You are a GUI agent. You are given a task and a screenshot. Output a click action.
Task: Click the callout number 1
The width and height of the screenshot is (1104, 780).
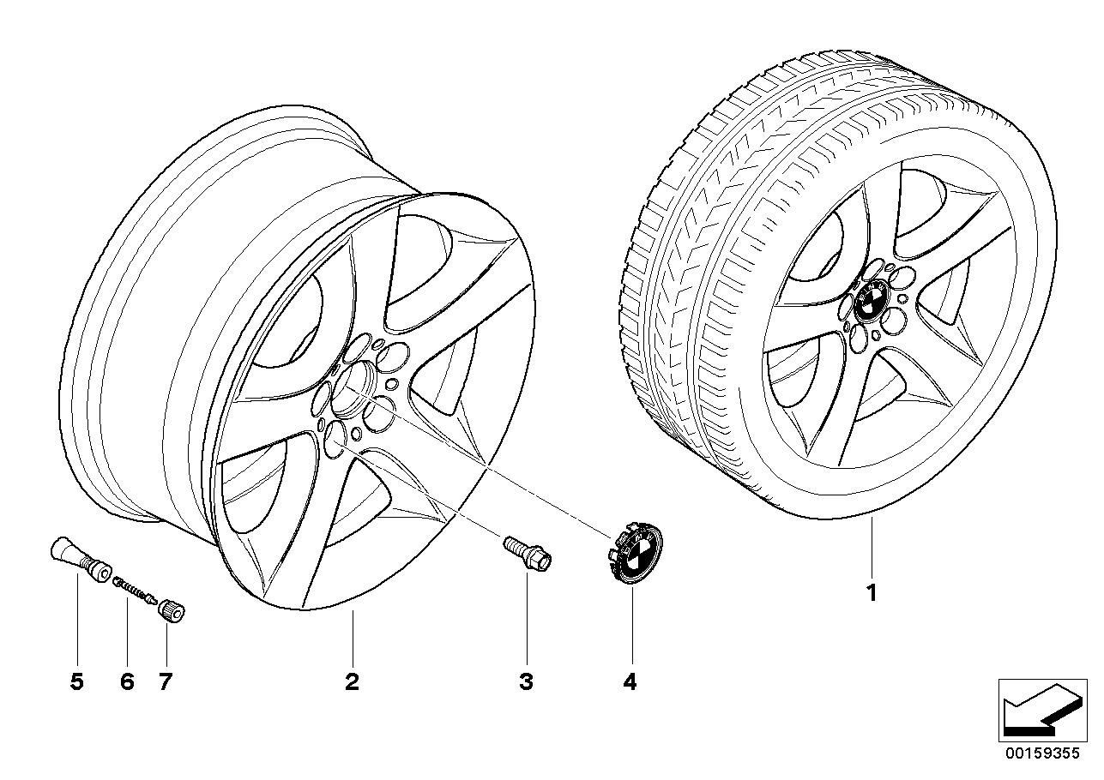872,593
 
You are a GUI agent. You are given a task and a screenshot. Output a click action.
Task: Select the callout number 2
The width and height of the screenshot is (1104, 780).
352,682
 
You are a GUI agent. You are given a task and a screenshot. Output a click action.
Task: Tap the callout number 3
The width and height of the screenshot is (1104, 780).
527,682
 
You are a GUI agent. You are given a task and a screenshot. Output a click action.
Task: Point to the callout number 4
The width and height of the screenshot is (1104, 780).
630,682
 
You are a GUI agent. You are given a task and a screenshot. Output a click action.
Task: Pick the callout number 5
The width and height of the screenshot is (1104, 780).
77,682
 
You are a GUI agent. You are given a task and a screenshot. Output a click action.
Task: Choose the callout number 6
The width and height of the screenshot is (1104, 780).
127,682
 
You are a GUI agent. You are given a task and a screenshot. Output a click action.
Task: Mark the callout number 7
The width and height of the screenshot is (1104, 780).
165,682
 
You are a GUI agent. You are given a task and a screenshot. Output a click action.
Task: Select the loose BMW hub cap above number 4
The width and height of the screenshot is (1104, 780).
634,553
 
